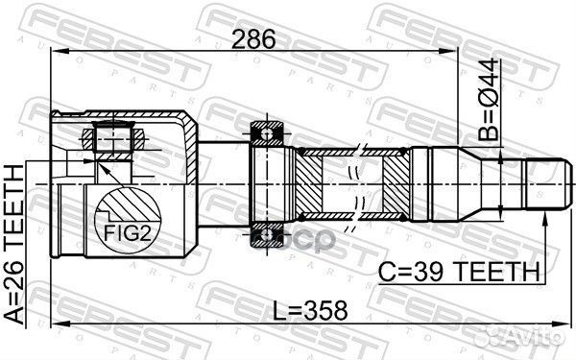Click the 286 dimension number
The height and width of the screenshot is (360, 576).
(x=252, y=40)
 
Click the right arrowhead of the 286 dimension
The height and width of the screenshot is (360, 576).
(x=455, y=55)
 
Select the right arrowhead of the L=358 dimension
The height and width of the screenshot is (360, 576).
(x=554, y=325)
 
